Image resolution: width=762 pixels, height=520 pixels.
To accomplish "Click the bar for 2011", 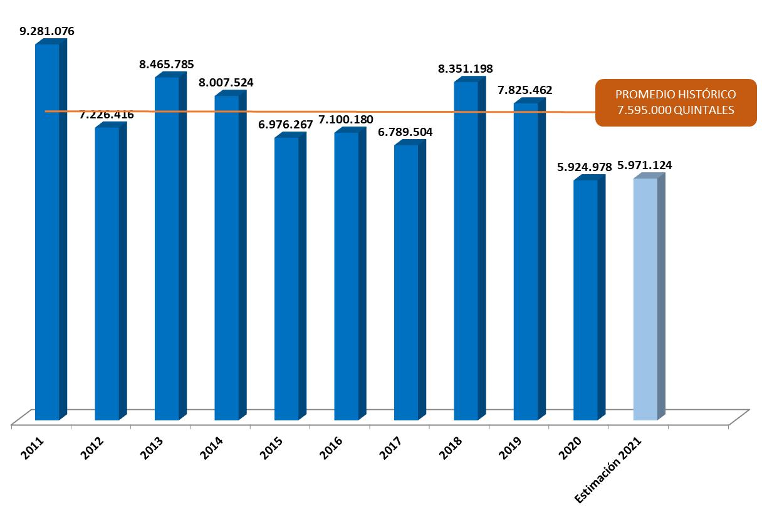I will click(48, 232).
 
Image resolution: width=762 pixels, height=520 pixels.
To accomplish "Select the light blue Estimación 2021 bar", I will click(646, 299).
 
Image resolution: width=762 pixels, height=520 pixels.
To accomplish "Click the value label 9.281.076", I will click(48, 31).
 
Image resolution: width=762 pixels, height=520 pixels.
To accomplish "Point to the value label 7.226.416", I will click(106, 115).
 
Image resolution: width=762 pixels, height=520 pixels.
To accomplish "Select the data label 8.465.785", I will click(167, 64).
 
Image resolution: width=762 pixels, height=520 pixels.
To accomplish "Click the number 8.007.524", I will click(227, 82).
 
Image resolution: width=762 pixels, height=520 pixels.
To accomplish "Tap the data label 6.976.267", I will click(286, 125).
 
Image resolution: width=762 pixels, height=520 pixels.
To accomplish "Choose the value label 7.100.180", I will click(346, 120).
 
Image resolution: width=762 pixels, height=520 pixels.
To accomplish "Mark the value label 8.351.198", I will click(466, 68).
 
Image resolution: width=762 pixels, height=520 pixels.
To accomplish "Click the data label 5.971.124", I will click(645, 165).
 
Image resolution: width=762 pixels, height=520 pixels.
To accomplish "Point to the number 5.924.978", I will click(585, 167).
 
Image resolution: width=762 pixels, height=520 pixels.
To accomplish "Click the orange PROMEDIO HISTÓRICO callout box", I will click(676, 102).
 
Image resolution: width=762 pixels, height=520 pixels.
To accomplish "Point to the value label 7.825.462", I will click(525, 90).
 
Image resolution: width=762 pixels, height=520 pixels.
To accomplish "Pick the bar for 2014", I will click(227, 257).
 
